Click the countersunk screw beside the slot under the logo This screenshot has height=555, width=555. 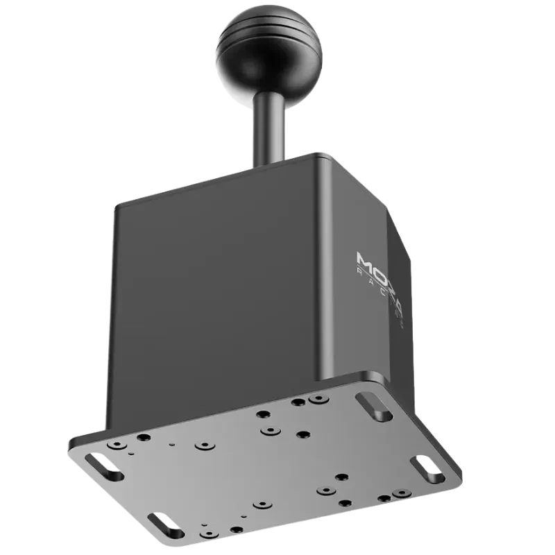click(x=318, y=400)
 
